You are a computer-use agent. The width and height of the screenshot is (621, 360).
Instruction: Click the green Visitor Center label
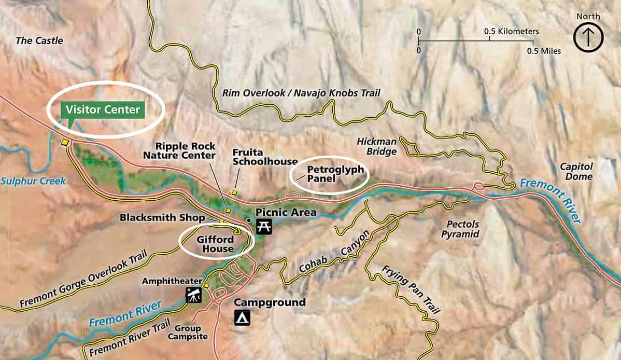[x=103, y=110]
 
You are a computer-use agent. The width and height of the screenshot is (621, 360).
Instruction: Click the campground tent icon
[x=242, y=317]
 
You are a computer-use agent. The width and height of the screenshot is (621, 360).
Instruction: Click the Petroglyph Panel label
[x=335, y=174]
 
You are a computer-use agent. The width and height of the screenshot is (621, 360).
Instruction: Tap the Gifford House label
[x=215, y=244]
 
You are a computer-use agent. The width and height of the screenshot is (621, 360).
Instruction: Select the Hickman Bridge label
[x=377, y=146]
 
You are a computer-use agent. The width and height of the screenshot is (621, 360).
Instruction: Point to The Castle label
[x=39, y=40]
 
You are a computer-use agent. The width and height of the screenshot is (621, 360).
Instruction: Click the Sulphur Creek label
[x=33, y=181]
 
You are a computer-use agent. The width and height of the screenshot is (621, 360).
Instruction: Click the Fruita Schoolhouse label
[x=265, y=157]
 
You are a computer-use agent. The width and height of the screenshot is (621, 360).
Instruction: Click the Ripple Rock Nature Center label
[x=179, y=150]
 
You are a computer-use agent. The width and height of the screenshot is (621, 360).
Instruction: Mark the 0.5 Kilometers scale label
[x=511, y=32]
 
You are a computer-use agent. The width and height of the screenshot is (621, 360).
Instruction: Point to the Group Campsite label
[x=191, y=333]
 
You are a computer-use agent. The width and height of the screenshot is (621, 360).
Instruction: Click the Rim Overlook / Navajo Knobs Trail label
[x=301, y=93]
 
